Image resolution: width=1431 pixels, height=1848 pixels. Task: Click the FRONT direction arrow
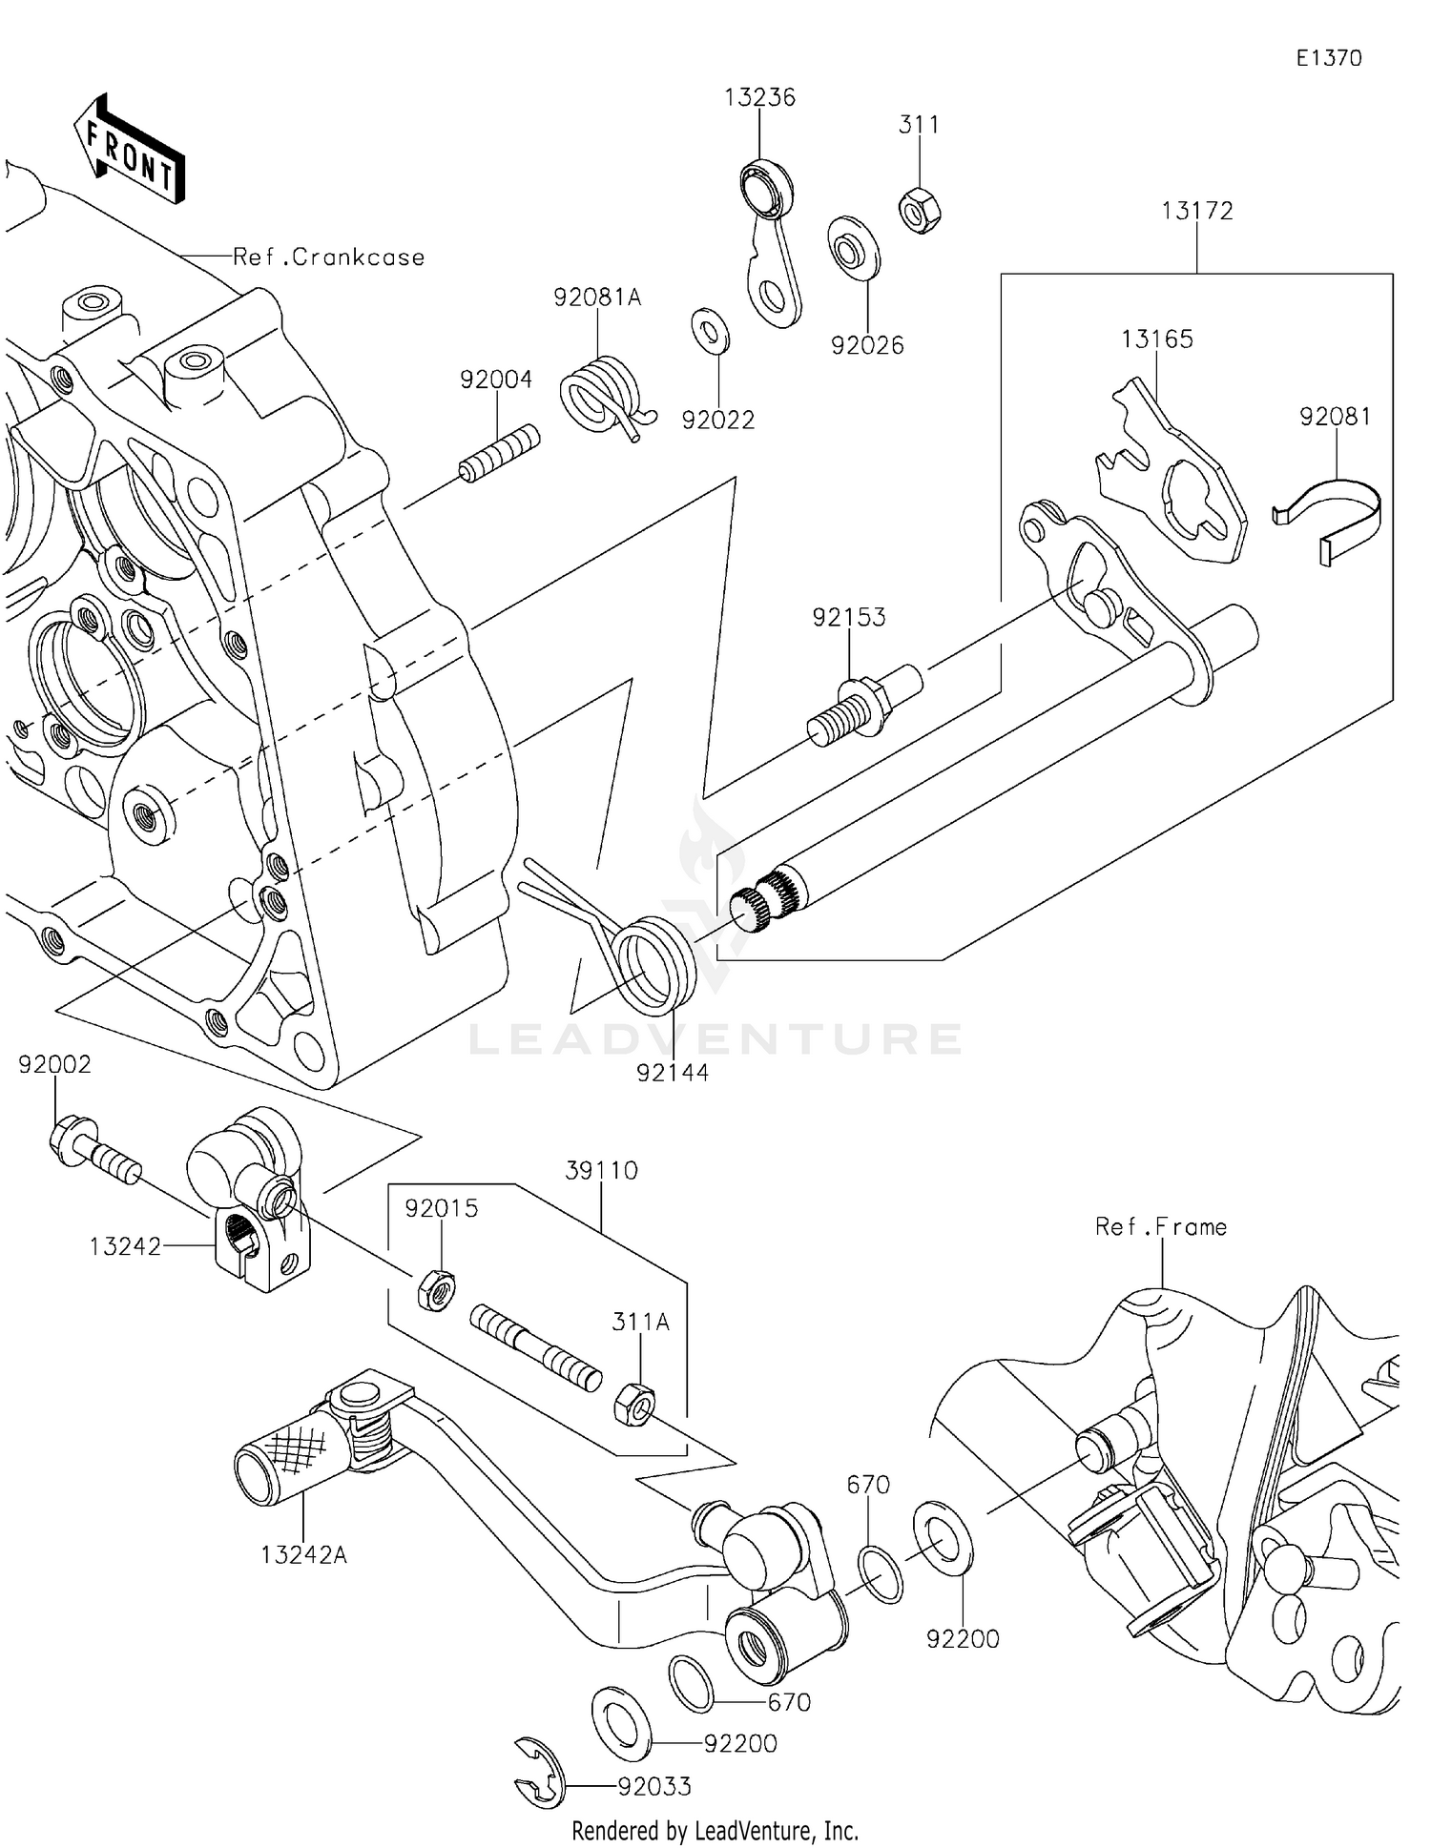click(x=130, y=151)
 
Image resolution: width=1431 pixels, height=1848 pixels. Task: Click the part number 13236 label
click(x=759, y=97)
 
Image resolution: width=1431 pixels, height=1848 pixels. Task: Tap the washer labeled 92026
click(x=852, y=249)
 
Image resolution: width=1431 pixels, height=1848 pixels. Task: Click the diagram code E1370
click(x=1328, y=58)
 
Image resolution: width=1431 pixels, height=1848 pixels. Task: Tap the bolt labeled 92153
click(x=859, y=706)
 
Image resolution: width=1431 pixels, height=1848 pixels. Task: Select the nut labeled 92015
click(x=436, y=1290)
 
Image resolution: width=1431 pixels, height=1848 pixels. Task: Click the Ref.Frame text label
click(x=1161, y=1227)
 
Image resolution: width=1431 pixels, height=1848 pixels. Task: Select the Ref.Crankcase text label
click(x=328, y=257)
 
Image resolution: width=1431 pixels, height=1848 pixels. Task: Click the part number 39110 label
click(x=601, y=1171)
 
